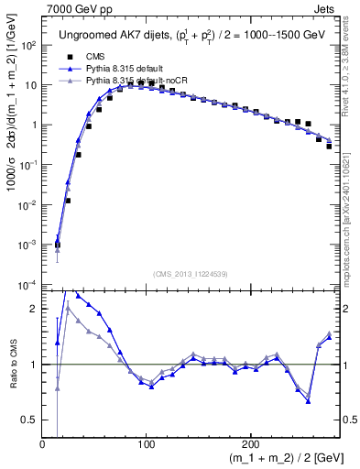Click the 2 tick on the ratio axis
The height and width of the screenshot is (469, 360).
35,309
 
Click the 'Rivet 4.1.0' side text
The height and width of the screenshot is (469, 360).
352,64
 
